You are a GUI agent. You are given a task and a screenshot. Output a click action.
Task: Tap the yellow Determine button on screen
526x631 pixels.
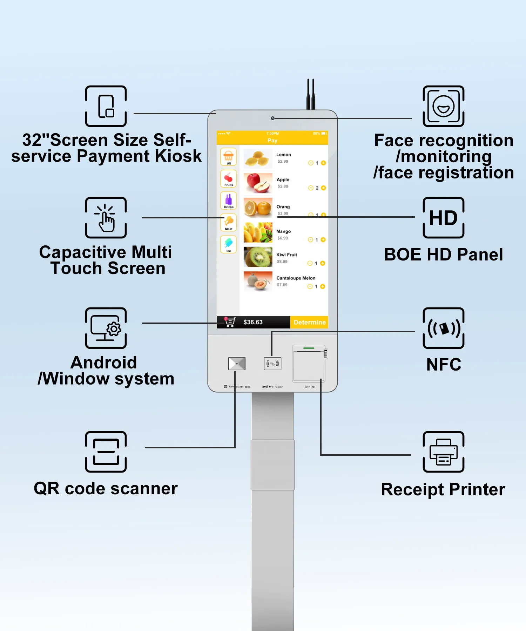[309, 322]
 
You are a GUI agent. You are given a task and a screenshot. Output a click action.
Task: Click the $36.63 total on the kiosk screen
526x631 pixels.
[253, 322]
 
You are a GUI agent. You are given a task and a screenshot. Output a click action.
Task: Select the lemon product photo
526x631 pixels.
[258, 158]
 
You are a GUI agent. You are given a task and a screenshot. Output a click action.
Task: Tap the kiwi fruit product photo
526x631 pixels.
[258, 257]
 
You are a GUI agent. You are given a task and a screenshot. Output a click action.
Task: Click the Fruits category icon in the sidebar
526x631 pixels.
[229, 179]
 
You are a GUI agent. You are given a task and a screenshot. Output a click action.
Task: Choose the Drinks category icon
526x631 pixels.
[229, 201]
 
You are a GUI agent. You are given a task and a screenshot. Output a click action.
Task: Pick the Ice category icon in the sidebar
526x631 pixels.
[229, 244]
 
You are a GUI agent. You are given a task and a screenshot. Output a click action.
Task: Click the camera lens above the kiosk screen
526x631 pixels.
[272, 118]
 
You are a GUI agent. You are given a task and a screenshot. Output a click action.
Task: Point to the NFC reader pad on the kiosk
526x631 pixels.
[272, 364]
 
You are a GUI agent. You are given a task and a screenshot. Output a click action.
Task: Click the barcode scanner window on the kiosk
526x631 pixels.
[237, 364]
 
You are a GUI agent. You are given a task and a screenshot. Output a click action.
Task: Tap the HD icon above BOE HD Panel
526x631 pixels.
[444, 218]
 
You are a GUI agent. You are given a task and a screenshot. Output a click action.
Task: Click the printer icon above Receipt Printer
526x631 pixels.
[444, 452]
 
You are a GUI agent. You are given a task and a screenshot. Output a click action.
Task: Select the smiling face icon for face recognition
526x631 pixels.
[444, 106]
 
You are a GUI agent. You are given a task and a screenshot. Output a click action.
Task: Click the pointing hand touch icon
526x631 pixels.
[106, 218]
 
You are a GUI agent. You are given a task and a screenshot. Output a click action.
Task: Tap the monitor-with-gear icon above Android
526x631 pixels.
[106, 328]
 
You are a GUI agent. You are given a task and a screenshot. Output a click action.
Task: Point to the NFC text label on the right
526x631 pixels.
[444, 365]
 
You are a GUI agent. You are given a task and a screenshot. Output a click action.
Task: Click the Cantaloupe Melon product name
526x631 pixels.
[296, 278]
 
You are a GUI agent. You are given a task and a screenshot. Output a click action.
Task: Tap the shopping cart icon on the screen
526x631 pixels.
[230, 322]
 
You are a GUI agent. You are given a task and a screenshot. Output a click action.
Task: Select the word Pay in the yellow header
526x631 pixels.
[272, 140]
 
